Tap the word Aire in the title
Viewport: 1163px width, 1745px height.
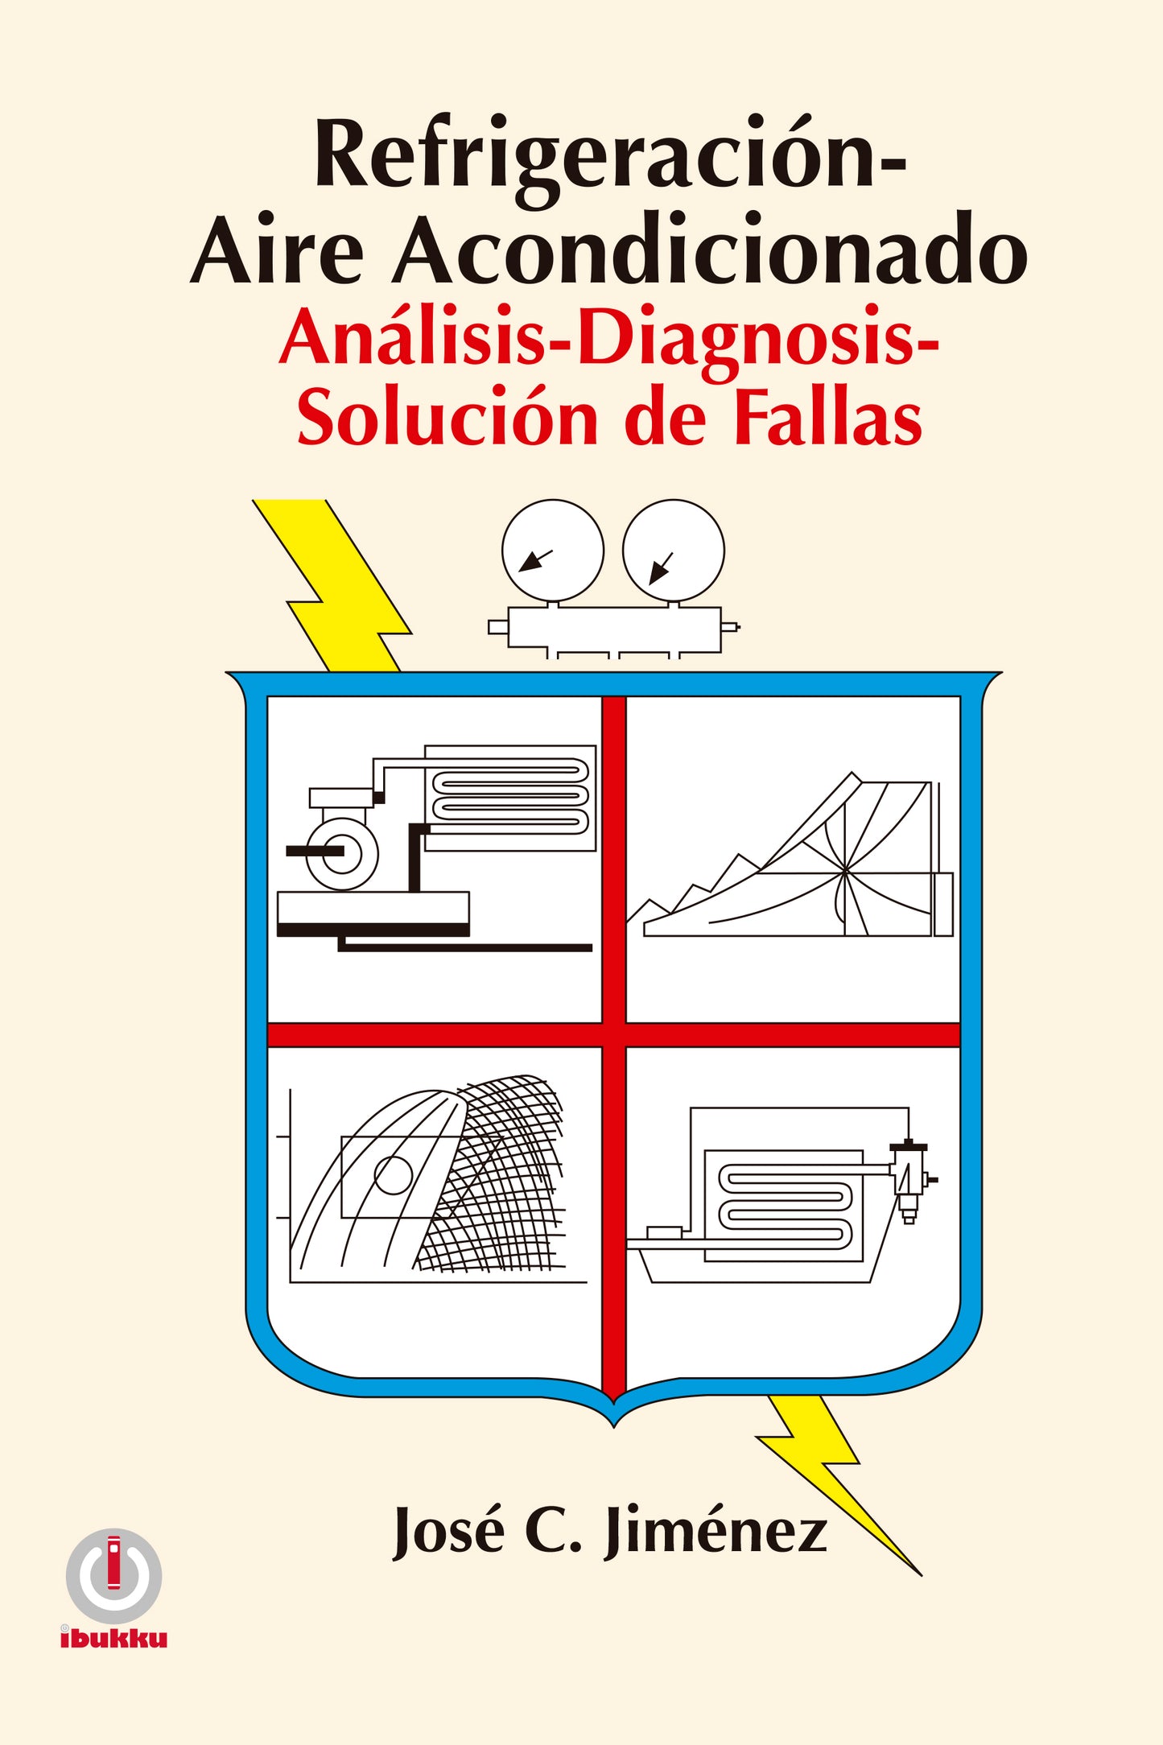coord(278,250)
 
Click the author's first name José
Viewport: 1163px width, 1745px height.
coord(447,1529)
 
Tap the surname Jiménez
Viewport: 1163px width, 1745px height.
coord(716,1529)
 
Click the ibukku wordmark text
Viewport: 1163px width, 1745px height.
coord(113,1639)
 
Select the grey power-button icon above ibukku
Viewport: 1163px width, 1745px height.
coord(114,1576)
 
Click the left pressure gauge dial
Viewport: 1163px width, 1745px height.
coord(553,551)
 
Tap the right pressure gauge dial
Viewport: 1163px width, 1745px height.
coord(674,551)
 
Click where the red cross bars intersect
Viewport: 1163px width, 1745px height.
coord(614,1034)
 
